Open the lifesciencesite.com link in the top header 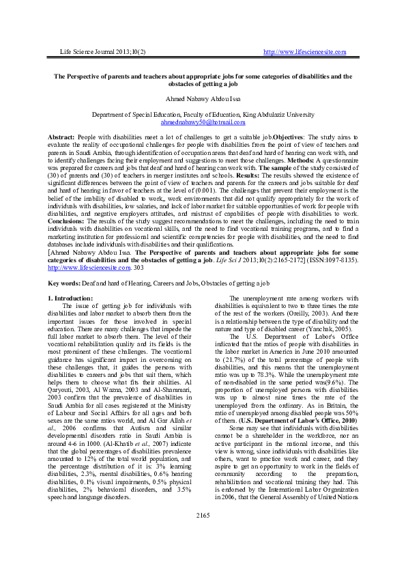point(304,52)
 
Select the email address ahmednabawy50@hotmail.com point(203,122)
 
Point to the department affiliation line point(203,115)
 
